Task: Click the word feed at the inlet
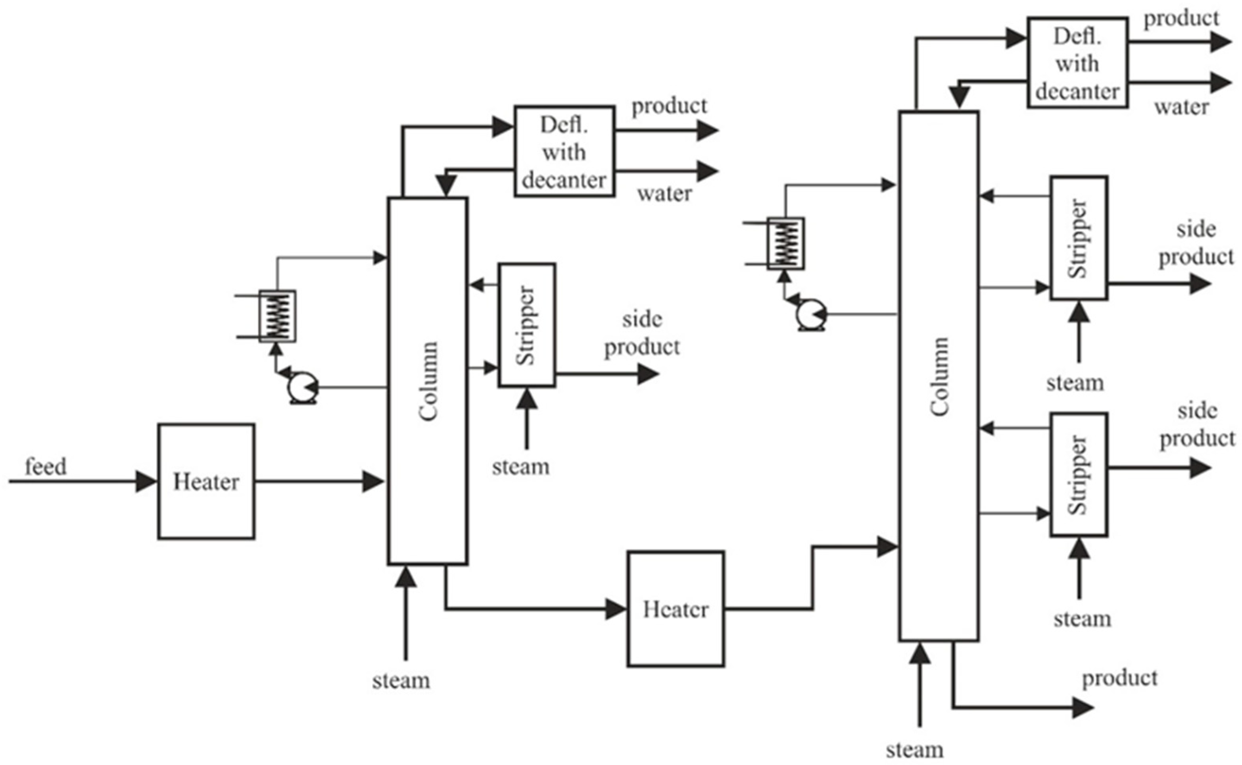click(46, 466)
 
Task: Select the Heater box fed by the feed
click(206, 481)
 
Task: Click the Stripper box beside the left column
click(527, 325)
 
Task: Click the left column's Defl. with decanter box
click(564, 151)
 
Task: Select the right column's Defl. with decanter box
click(1077, 63)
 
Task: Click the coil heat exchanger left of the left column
click(277, 316)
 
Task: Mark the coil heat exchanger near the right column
click(785, 243)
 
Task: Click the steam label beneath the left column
click(401, 680)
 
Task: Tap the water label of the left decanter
click(664, 193)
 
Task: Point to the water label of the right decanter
click(1181, 107)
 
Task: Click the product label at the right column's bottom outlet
click(1119, 678)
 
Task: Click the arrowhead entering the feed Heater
click(147, 481)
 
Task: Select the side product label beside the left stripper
click(642, 333)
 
